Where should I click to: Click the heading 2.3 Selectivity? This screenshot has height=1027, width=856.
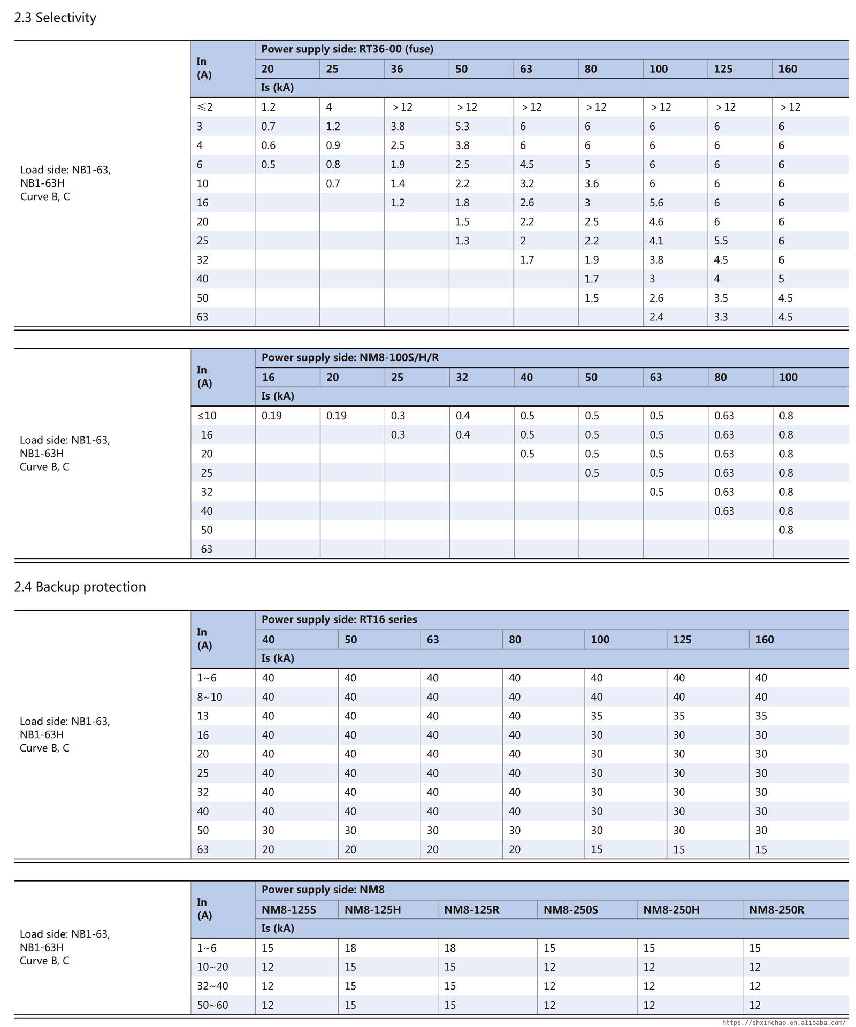coord(55,18)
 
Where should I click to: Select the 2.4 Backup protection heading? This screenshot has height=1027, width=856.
coord(80,587)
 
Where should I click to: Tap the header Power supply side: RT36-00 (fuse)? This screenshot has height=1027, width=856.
coord(347,49)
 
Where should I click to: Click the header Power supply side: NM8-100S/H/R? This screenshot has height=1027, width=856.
coord(350,357)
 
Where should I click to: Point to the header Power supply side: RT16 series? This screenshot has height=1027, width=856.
coord(339,619)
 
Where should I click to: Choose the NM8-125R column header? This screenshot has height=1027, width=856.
coord(471,909)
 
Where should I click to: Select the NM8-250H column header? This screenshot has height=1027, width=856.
coord(671,909)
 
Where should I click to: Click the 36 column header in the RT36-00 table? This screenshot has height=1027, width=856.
coord(396,69)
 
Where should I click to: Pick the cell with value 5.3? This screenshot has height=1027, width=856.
coord(462,126)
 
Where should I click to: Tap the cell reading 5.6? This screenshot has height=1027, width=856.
coord(656,203)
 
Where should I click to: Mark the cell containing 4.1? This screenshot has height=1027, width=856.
coord(656,241)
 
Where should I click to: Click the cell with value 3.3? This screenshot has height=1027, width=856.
coord(721,317)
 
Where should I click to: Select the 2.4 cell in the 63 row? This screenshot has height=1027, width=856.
coord(656,317)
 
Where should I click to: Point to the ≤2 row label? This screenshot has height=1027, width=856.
coord(204,107)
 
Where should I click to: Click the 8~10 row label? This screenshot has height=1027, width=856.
coord(209,697)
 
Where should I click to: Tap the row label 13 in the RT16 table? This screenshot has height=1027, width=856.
coord(203,716)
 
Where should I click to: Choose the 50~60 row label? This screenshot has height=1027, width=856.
coord(212,1005)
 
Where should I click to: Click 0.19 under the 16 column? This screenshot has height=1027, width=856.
coord(272,416)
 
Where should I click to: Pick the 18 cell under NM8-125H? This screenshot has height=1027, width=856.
coord(350,948)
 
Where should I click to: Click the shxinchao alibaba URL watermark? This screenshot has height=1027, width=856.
coord(784,1022)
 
